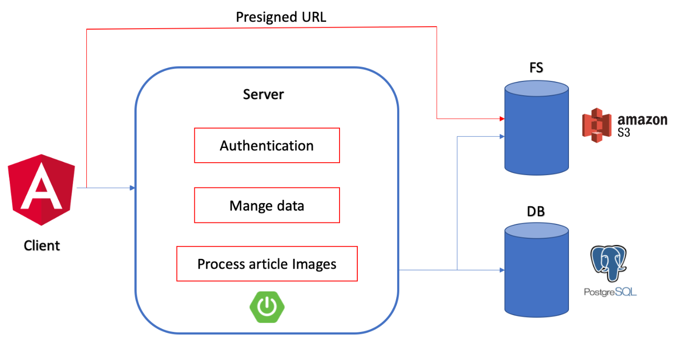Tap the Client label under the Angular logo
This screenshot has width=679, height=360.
42,246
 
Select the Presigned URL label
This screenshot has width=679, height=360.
281,17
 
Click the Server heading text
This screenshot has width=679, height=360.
264,94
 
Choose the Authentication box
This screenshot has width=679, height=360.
266,145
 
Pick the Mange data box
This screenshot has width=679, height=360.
266,205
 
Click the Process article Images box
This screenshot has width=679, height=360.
266,264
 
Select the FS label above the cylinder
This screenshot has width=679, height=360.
536,68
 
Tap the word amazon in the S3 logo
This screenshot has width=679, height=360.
642,119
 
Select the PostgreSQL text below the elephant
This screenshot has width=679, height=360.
610,292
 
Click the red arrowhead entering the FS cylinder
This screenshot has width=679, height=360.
501,119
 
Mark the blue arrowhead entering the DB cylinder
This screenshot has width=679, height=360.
501,270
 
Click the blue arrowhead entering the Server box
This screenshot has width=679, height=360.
132,188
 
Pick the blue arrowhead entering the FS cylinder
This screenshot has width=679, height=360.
501,136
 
